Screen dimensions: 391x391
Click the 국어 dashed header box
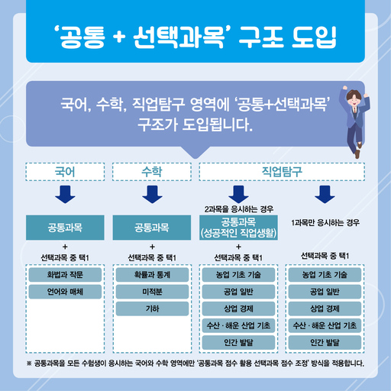65,172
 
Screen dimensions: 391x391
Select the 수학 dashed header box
152,172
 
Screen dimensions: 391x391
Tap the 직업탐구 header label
282,172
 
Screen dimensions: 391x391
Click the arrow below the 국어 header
65,195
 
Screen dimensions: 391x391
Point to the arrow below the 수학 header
152,195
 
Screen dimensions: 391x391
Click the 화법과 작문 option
65,275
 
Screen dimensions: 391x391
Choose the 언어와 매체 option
65,292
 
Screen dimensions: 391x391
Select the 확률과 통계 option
152,275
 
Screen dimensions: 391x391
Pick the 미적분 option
152,292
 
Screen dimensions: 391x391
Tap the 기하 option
152,309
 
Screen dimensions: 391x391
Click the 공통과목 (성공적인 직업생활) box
238,228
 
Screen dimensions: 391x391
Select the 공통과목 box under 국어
65,228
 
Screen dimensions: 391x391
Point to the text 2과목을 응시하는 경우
239,209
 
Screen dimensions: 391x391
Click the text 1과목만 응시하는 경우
325,223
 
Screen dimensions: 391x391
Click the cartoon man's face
354,100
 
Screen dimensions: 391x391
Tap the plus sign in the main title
119,37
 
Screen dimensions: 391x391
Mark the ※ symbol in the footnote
29,364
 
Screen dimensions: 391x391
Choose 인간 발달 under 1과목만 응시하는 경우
325,343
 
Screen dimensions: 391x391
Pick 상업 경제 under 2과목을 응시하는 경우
238,309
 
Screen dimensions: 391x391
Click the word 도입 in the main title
314,37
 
